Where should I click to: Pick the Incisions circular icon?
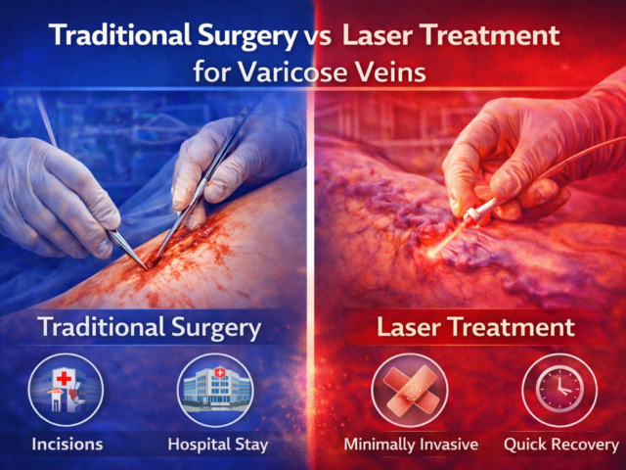[66, 389]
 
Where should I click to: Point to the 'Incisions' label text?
[66, 444]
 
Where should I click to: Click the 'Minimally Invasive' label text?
[411, 444]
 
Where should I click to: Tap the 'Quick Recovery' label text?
[560, 444]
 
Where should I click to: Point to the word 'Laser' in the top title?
[378, 36]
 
